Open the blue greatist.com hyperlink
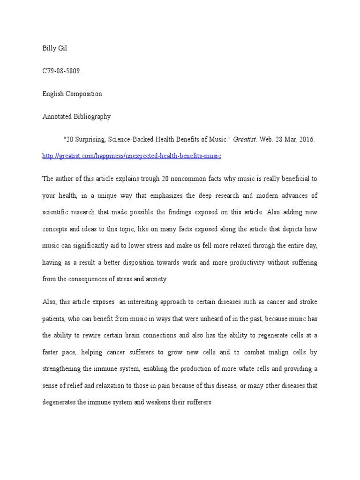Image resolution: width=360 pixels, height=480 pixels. (132, 156)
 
